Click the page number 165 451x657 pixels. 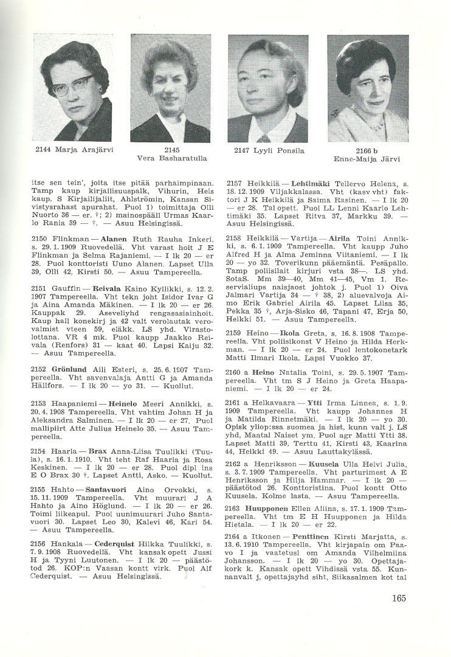coord(399,598)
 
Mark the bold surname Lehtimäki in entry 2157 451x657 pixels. coord(309,182)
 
